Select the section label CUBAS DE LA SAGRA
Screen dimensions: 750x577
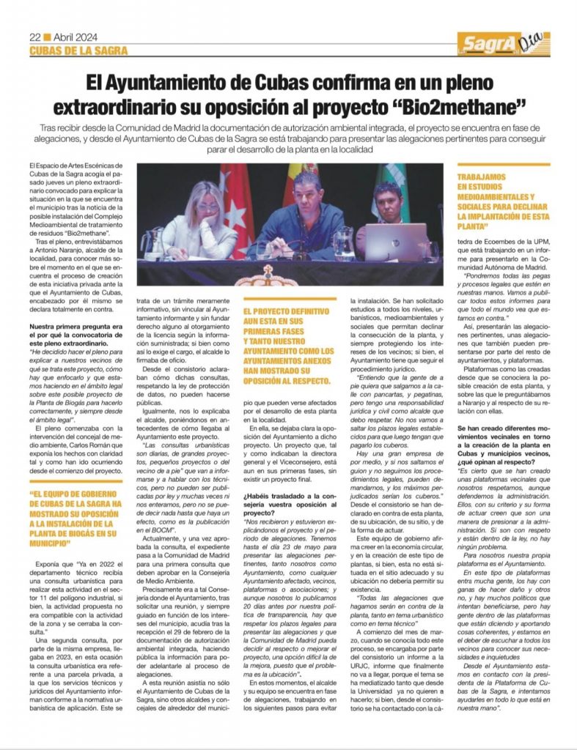tap(78, 51)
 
